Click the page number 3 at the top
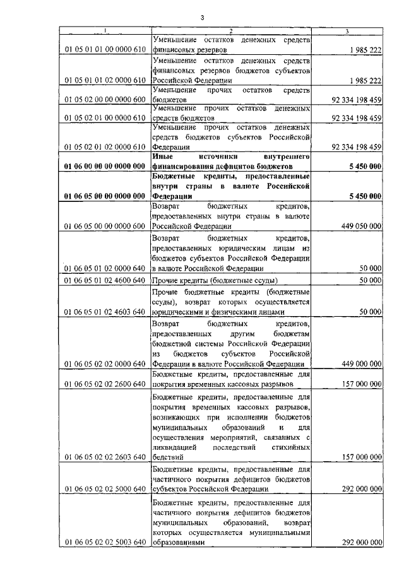coord(203,17)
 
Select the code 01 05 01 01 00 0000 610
coord(105,50)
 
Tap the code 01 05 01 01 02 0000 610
coord(105,81)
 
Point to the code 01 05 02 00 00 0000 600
coord(105,100)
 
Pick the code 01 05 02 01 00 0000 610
coord(105,118)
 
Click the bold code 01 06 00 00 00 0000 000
coord(105,166)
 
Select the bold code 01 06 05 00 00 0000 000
coord(105,196)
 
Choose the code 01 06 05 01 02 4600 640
coord(105,280)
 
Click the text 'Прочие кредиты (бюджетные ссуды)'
coord(215,280)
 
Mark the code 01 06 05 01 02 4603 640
coord(105,312)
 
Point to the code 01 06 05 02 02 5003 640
coord(105,542)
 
